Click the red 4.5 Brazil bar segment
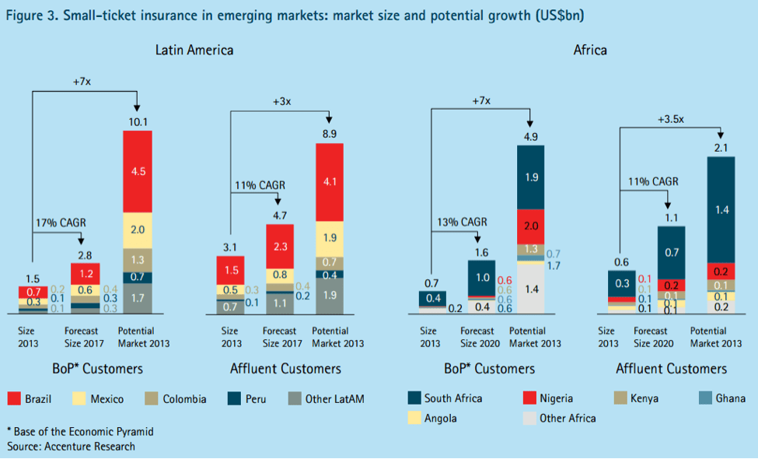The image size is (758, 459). click(x=137, y=171)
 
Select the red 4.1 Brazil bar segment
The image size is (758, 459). click(x=329, y=184)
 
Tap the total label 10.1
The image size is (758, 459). click(x=137, y=121)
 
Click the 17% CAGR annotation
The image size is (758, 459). click(x=58, y=222)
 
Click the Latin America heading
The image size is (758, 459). click(x=194, y=51)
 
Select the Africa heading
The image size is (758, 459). click(x=590, y=51)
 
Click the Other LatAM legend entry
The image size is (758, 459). click(x=326, y=399)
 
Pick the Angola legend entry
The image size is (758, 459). click(x=432, y=418)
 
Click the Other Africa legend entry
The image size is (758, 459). click(x=559, y=418)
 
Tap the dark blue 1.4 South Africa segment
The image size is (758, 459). click(x=721, y=210)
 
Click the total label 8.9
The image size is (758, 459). click(x=329, y=135)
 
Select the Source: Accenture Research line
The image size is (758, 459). click(x=71, y=447)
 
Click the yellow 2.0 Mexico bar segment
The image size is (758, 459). click(x=137, y=229)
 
